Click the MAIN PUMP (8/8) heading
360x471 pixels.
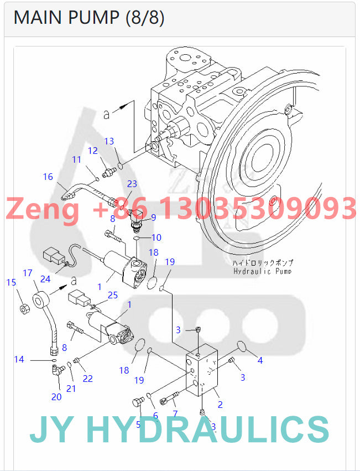(x=88, y=18)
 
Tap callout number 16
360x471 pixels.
(x=48, y=177)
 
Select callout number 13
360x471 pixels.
(x=109, y=142)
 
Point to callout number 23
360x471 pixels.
(x=132, y=184)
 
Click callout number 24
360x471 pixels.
(x=45, y=279)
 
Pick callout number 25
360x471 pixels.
(x=113, y=296)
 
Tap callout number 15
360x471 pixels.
(x=11, y=283)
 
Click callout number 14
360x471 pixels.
(x=19, y=360)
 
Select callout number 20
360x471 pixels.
(x=56, y=396)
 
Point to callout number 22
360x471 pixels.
(x=88, y=379)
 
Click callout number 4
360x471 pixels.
(x=260, y=360)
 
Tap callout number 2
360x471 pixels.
(x=220, y=405)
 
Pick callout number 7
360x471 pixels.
(x=175, y=413)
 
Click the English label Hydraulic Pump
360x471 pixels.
(x=262, y=271)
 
